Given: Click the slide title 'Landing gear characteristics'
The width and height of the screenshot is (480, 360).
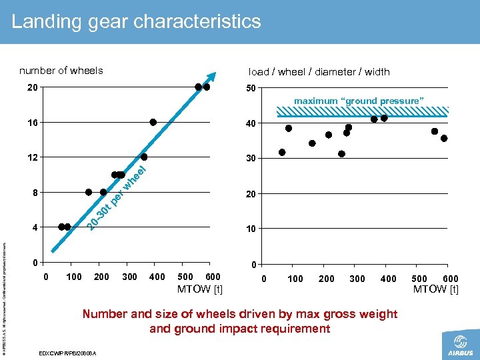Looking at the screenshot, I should pos(136,21).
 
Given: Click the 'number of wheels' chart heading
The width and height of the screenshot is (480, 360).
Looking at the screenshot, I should pos(61,71).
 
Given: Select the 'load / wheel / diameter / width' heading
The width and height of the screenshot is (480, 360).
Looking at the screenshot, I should pos(319,72).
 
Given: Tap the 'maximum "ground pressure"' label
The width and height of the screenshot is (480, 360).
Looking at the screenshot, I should pos(359,101).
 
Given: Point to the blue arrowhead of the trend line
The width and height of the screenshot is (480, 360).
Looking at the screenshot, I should pos(212,77).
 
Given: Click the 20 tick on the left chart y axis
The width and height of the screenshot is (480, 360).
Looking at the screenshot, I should pos(32,87).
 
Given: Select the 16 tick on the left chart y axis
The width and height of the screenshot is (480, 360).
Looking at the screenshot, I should pos(32,123).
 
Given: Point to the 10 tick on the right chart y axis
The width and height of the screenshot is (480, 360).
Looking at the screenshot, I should pos(251,229).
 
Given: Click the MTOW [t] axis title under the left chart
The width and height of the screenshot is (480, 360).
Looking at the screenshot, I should pos(199,289).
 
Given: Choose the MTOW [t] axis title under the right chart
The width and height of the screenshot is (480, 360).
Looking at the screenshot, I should pos(435,289).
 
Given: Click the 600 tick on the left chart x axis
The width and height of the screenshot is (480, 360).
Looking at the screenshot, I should pos(213,277).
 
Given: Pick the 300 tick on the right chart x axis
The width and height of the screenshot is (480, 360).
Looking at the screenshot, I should pos(357,279).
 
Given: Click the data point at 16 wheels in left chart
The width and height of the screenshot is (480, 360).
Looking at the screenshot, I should pos(153,122).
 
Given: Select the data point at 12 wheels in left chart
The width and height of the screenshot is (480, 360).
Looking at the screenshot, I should pos(144,157).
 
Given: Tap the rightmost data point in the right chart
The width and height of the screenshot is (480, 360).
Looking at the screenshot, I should pos(444,138).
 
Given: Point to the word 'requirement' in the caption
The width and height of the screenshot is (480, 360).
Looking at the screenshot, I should pos(298,329).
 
